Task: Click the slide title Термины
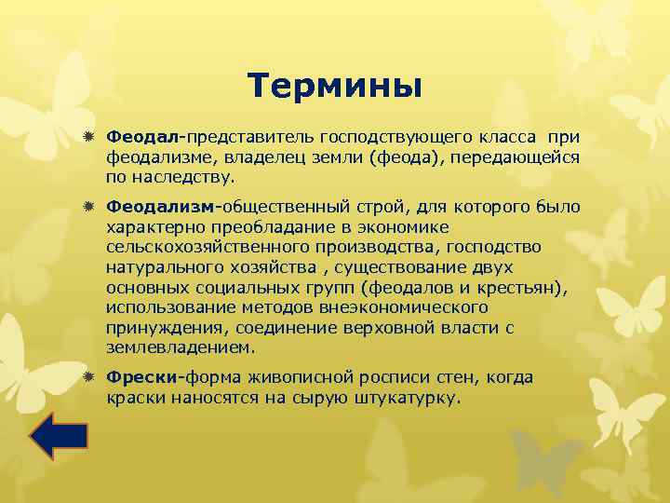click(x=335, y=87)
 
